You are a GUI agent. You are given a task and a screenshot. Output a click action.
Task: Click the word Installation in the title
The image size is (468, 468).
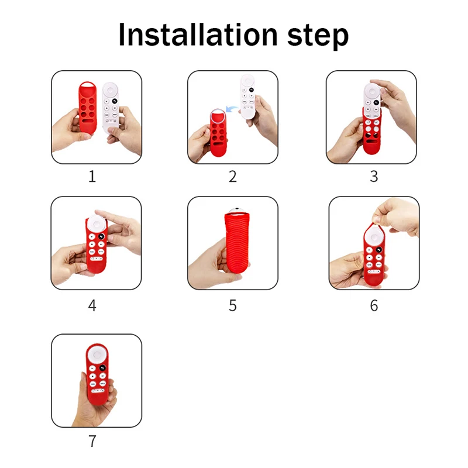coord(198,35)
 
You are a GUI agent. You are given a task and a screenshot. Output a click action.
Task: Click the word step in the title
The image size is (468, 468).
coord(318,36)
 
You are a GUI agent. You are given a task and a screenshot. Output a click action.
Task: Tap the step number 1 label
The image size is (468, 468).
coord(92,177)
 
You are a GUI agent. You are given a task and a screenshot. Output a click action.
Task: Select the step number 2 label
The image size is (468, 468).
coord(233,177)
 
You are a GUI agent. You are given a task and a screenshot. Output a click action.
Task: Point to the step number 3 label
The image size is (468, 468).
coord(374,177)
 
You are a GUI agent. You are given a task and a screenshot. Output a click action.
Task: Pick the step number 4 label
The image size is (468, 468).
coord(92,305)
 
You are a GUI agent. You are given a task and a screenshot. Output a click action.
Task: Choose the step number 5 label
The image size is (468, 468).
coord(233,305)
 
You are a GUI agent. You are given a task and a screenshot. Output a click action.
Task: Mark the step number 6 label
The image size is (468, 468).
coord(374,305)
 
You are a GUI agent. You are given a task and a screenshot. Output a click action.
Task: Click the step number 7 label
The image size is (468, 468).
coord(92,441)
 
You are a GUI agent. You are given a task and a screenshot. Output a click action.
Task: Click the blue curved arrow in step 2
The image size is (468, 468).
coord(232,109)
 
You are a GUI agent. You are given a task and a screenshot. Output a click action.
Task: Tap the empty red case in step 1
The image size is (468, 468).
coord(88,108)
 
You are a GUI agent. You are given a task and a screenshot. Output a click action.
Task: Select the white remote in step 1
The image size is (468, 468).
coord(111,108)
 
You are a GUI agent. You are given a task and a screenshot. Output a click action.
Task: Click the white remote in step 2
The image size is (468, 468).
coord(248,97)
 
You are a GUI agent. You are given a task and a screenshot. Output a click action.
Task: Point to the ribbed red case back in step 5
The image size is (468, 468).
coord(236,242)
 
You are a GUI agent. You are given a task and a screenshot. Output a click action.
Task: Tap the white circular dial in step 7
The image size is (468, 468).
coord(97,355)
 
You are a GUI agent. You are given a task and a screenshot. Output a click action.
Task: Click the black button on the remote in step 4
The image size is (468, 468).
coord(102,236)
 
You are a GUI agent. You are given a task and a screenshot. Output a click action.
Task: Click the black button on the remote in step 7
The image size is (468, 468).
coord(102,368)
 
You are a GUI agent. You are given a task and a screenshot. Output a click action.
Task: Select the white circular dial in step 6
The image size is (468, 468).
coord(374,238)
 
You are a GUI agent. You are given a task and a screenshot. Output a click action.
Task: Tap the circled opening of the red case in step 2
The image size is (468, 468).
coord(218,116)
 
